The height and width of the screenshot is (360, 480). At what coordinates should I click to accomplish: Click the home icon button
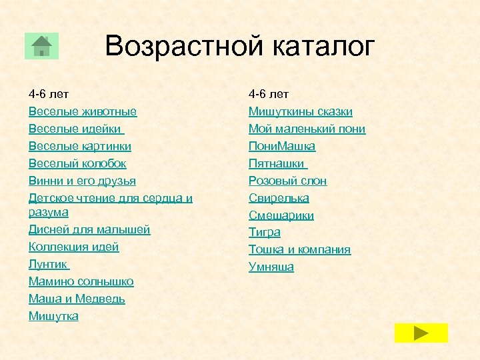tap(41, 46)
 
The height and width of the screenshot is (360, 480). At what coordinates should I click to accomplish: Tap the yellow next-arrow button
tap(421, 333)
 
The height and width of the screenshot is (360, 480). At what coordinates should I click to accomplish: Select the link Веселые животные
tap(82, 111)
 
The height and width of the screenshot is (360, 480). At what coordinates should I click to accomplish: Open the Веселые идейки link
tap(75, 129)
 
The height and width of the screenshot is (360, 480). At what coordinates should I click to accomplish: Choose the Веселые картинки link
tap(79, 146)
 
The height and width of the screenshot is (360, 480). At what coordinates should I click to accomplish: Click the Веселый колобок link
tap(77, 163)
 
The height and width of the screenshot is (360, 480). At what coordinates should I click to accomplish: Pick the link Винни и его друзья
tap(82, 181)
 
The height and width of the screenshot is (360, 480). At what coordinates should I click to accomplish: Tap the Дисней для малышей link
tap(89, 229)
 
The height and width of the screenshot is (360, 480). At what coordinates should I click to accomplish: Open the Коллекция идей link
tap(73, 247)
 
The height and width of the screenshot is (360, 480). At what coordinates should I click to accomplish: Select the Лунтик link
tap(48, 264)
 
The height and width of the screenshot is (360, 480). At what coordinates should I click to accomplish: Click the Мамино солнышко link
tap(81, 281)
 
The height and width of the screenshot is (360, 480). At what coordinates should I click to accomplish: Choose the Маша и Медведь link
tap(77, 299)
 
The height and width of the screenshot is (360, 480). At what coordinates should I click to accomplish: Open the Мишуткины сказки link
tap(300, 111)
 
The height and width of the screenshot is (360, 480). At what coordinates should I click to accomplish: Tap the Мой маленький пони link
tap(307, 129)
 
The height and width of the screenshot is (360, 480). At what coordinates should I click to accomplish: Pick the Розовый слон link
tap(287, 181)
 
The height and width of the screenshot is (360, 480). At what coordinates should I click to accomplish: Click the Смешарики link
tap(281, 215)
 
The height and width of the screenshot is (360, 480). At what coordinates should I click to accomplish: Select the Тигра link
tap(264, 232)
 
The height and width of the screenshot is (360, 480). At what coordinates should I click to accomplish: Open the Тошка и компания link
tap(299, 249)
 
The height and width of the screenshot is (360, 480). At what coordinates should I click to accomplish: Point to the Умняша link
tap(271, 267)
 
